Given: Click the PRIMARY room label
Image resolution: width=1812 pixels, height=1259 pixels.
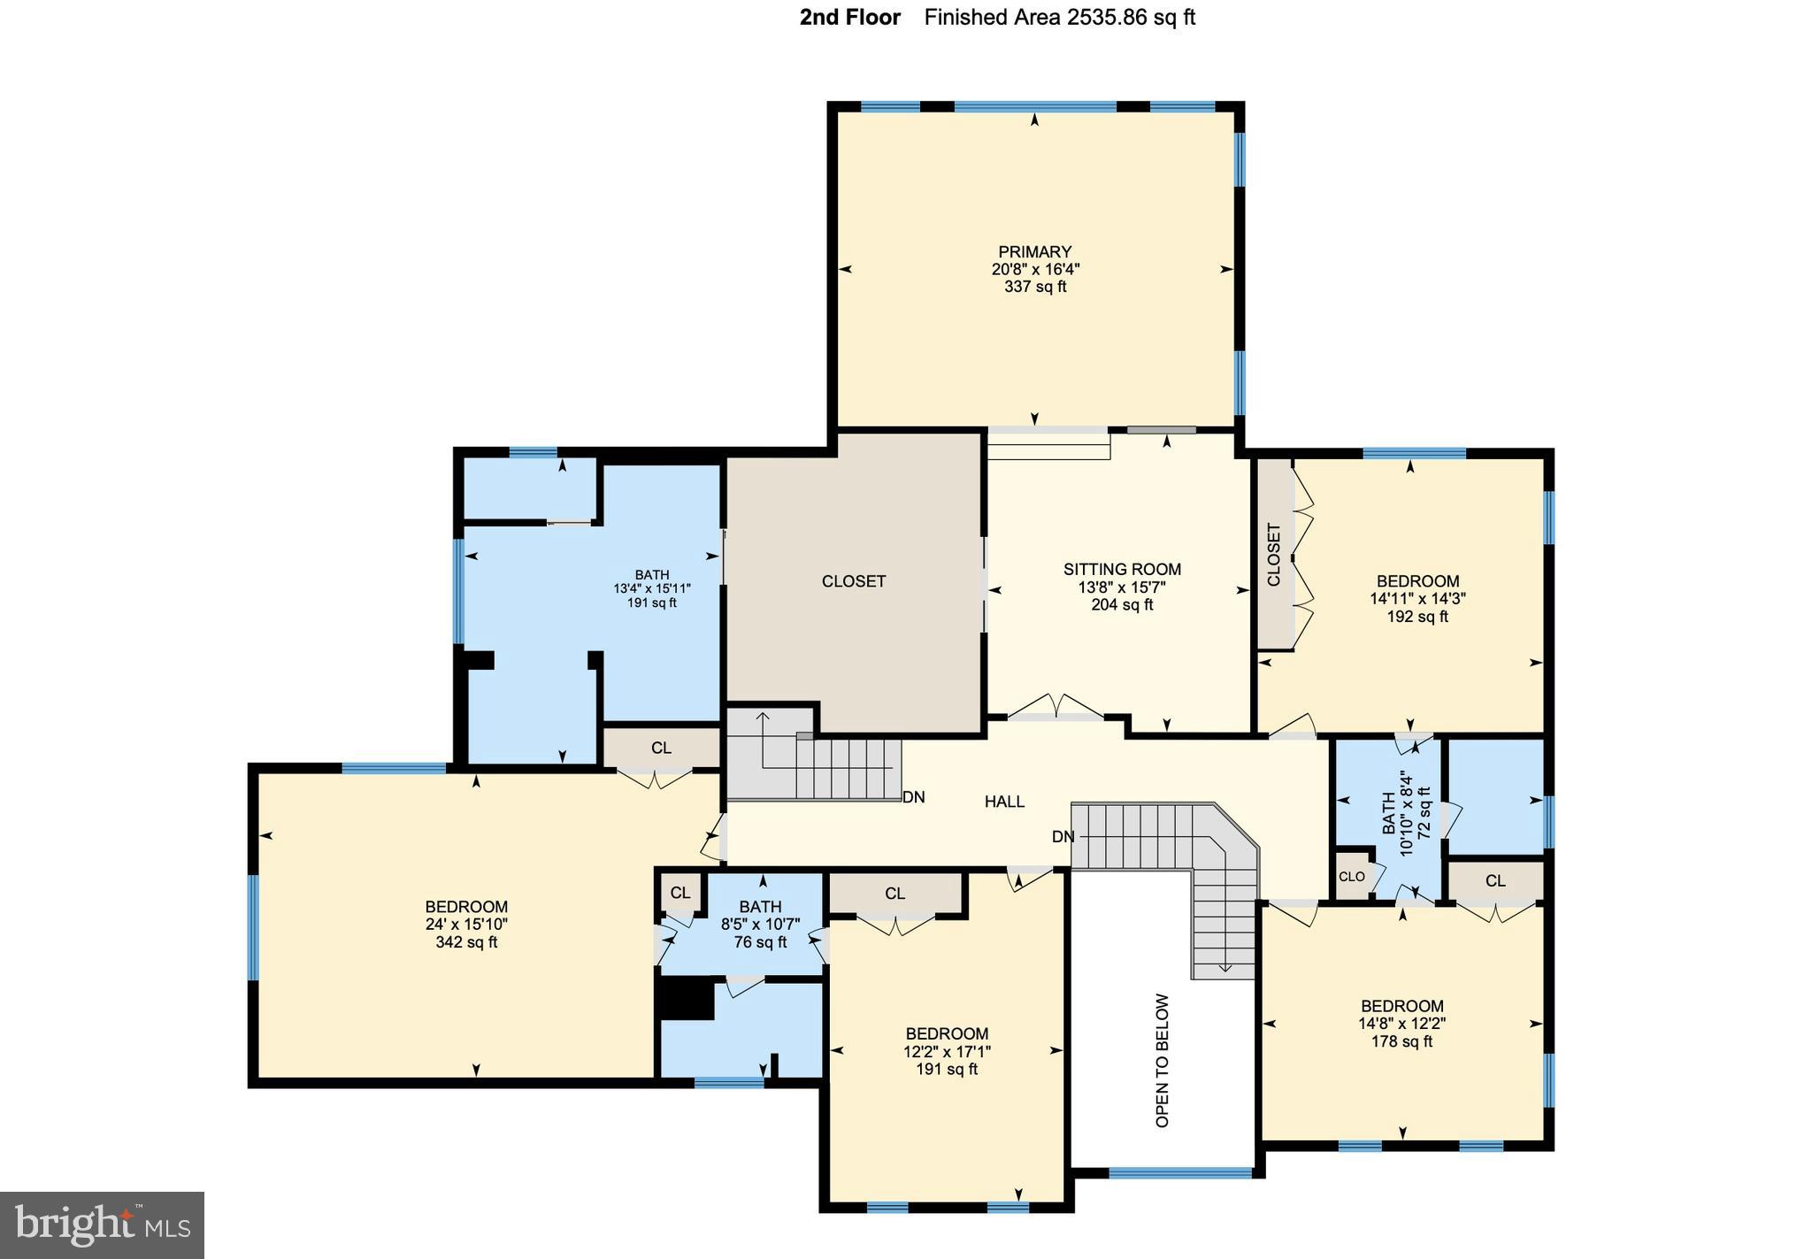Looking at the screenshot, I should coord(1034,252).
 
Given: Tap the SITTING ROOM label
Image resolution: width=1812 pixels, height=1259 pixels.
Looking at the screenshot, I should coord(1122,570).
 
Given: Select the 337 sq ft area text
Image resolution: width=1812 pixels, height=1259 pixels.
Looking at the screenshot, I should coord(1034,288).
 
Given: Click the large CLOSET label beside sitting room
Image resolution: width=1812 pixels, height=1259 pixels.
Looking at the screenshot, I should coord(853,581).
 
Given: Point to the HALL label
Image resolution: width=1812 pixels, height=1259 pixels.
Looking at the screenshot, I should coord(1004,802).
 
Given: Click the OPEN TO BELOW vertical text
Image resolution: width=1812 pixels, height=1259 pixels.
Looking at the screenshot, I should coord(1163,1060).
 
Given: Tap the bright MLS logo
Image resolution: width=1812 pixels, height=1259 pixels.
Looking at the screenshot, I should coord(102,1225).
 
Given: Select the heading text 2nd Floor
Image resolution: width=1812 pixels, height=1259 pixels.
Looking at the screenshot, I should coord(849,18).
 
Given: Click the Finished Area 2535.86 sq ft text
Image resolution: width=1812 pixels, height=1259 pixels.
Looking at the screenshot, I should coord(1059,18).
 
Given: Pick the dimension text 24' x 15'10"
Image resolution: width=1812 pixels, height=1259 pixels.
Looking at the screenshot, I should coord(466,925).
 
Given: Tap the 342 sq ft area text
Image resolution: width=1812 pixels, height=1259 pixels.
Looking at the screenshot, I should coord(466,943).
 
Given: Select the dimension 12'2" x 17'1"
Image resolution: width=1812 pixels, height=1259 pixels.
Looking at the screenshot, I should coord(947,1052).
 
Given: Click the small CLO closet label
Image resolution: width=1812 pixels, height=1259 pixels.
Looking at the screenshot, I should coord(1351,877).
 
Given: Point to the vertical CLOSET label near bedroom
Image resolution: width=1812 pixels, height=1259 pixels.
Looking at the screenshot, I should coord(1274,555).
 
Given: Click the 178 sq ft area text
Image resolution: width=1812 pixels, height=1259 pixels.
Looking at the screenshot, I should coord(1401,1042).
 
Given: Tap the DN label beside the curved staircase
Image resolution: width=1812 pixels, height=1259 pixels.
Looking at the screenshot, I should coord(1063,837).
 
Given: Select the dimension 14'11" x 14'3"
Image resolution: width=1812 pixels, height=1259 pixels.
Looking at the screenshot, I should coord(1417,599).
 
